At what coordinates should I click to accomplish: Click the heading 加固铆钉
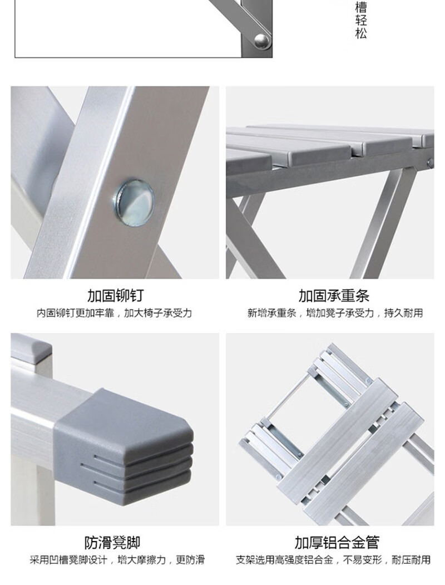115,296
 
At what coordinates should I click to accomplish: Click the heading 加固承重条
334,296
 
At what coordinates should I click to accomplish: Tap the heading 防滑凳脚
112,543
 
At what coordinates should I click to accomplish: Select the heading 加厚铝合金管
337,543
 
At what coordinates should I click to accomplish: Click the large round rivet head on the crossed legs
134,203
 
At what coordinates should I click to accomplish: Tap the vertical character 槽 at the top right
361,7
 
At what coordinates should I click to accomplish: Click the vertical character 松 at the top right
361,33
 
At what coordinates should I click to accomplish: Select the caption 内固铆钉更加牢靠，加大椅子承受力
114,313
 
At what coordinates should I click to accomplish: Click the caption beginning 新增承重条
335,313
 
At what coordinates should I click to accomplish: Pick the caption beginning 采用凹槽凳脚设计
117,559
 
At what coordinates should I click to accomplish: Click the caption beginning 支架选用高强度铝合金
333,559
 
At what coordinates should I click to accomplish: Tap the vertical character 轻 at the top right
361,20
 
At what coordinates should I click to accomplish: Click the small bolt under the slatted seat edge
431,163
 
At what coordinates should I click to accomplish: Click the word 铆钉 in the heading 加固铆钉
129,296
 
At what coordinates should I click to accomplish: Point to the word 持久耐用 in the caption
404,313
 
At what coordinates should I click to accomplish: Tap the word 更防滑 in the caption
190,559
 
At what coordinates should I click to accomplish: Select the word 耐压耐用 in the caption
411,559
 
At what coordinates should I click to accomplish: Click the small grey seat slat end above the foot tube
31,347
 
